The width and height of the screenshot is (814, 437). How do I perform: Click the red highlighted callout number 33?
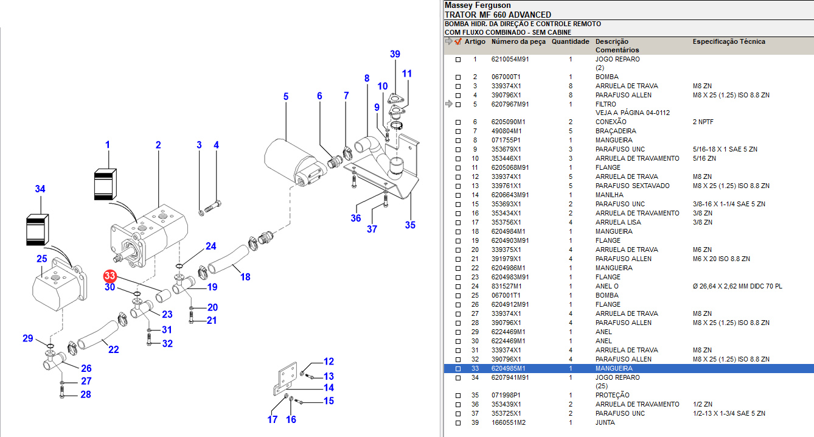110,276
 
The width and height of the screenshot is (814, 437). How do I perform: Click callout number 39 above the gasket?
395,55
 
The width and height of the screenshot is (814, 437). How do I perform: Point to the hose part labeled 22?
98,336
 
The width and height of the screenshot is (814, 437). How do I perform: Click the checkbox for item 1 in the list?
458,60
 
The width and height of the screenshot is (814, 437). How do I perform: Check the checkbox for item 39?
458,422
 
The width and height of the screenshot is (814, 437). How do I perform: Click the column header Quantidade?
570,42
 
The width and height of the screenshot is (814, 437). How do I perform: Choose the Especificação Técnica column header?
729,42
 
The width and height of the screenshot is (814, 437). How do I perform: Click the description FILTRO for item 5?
605,104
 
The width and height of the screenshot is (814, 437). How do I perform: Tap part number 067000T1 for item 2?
506,77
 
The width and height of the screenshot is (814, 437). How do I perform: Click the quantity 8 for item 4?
570,95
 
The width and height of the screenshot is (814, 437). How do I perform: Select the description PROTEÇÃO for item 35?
612,395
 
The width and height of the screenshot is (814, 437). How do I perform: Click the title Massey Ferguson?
478,5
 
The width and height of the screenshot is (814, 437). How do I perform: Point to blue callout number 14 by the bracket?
329,388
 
